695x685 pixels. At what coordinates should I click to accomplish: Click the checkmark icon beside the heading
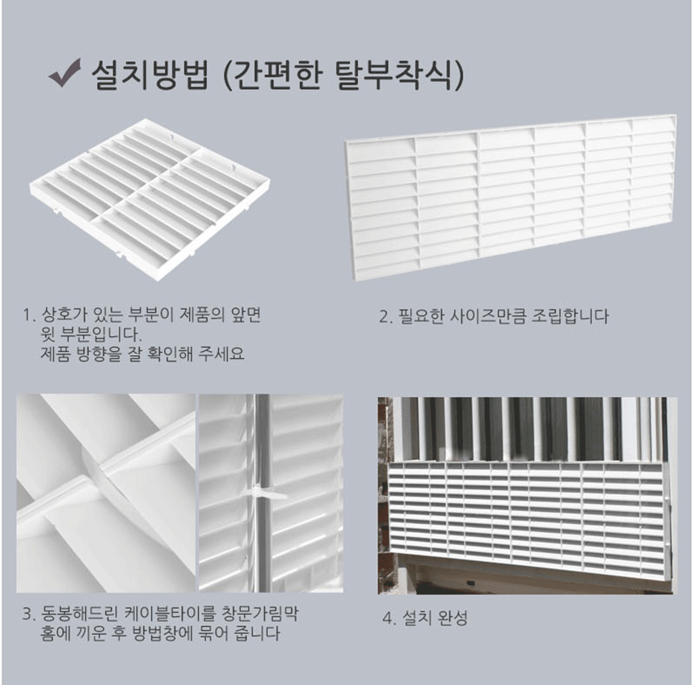(x=65, y=74)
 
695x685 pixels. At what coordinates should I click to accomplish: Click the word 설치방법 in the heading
(x=150, y=74)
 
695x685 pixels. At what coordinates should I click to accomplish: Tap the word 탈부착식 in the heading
(x=394, y=74)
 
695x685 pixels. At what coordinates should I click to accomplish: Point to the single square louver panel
(x=150, y=200)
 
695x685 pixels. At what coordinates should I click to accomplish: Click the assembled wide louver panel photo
(x=511, y=197)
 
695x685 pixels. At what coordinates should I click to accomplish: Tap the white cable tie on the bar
(x=262, y=493)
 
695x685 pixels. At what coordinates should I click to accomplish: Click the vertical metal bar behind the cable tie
(x=263, y=493)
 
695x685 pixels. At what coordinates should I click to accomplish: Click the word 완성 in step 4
(x=452, y=618)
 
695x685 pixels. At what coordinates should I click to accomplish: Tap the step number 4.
(x=388, y=618)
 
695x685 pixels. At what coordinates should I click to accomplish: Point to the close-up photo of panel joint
(x=106, y=493)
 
